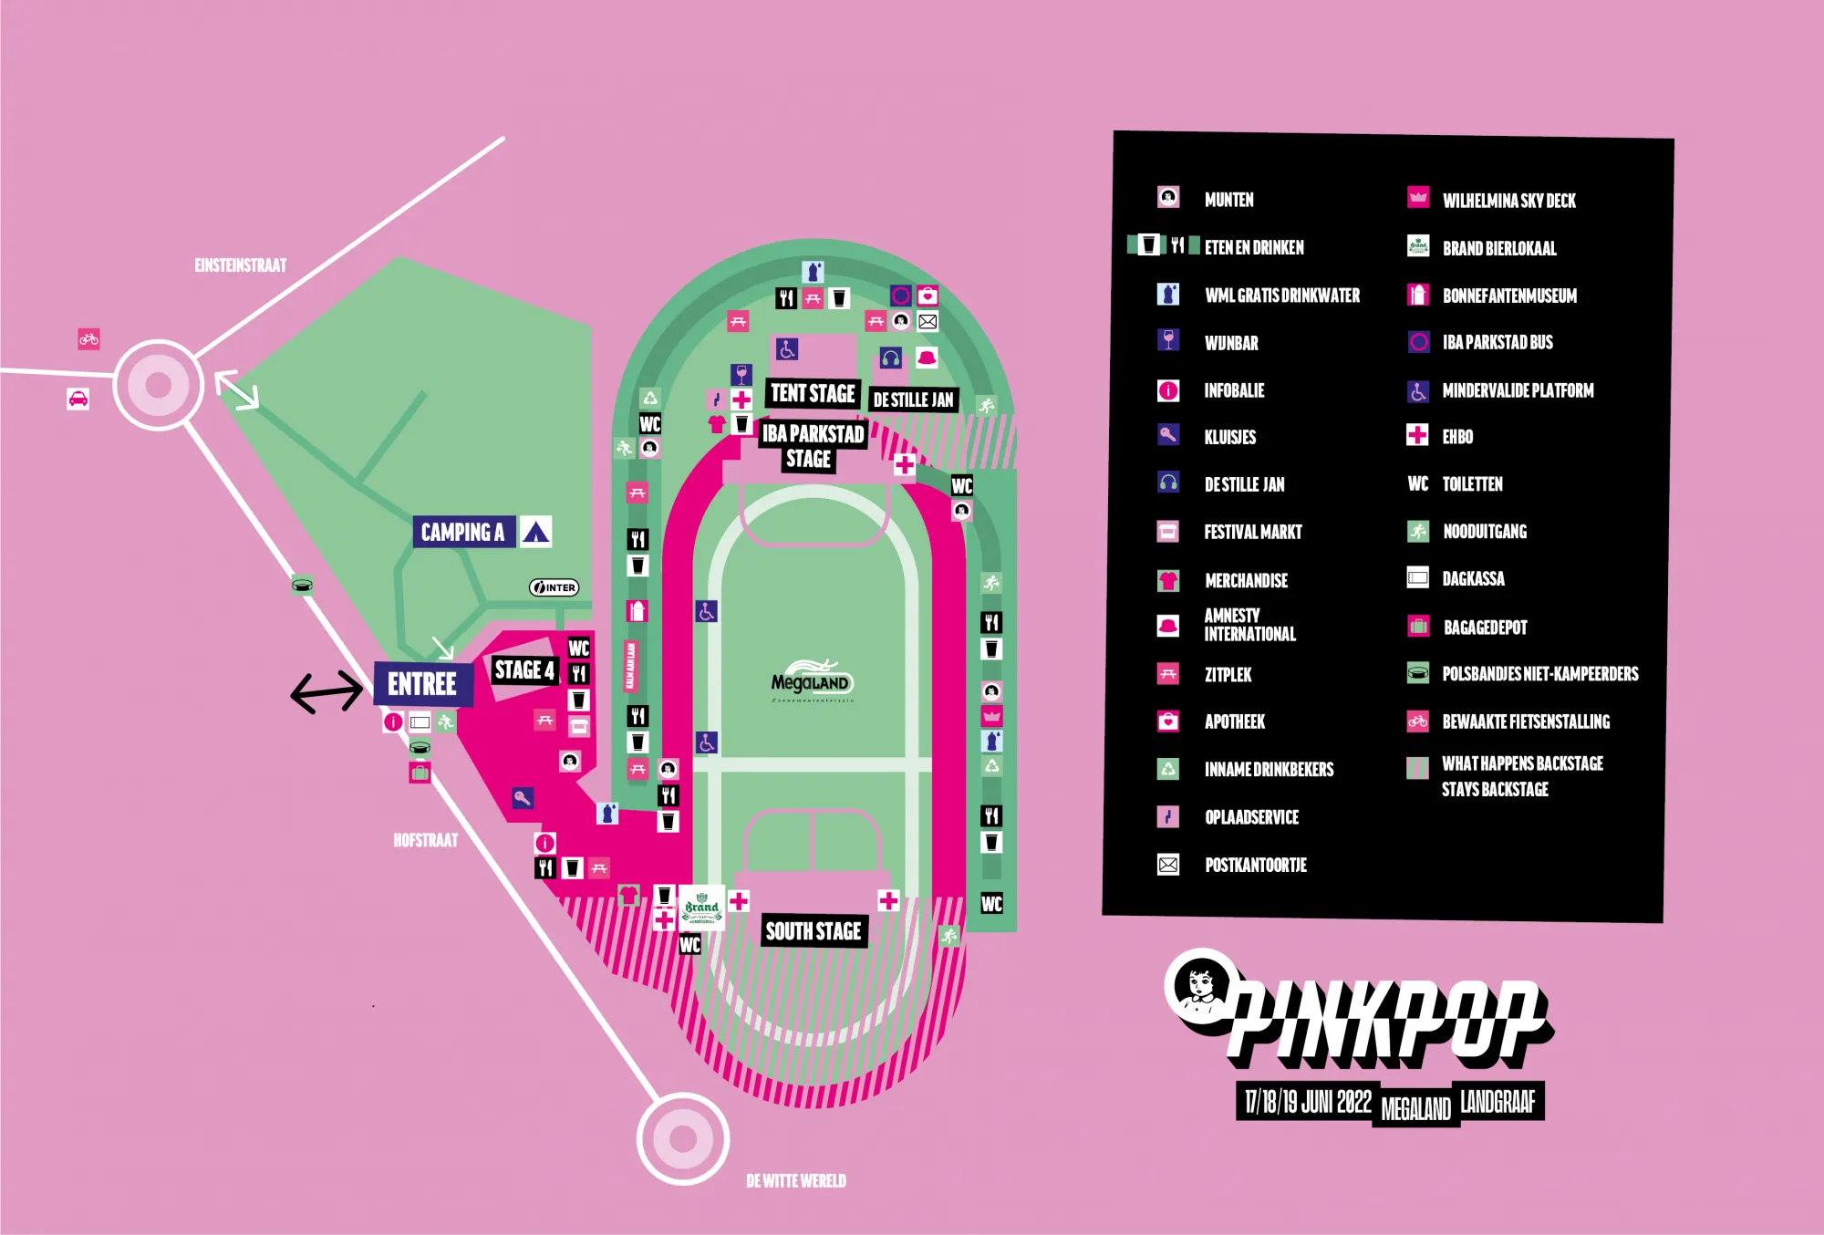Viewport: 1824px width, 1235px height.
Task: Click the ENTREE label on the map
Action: [422, 684]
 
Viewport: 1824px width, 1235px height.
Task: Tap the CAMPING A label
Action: [462, 532]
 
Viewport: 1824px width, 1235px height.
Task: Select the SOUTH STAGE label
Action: [814, 931]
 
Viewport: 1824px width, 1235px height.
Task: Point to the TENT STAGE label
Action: [813, 393]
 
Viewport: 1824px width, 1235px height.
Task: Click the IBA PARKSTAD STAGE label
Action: [812, 446]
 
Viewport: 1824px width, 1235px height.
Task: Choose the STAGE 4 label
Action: [524, 669]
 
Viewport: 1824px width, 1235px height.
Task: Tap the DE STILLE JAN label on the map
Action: [913, 400]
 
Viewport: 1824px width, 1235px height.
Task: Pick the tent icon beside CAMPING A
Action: [536, 532]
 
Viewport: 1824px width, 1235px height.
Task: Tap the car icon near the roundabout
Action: [78, 400]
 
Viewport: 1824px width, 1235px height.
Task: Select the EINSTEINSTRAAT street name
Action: [241, 265]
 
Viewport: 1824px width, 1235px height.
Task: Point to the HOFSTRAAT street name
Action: [426, 840]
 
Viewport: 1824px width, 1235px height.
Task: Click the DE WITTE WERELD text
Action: [796, 1181]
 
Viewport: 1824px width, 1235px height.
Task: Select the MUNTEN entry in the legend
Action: [1228, 200]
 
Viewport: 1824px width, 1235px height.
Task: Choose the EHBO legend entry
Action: [1457, 437]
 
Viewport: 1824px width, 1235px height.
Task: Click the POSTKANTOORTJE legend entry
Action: [1255, 865]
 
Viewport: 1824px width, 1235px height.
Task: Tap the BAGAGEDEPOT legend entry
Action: [1485, 628]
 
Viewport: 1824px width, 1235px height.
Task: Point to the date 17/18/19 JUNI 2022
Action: [1308, 1102]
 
